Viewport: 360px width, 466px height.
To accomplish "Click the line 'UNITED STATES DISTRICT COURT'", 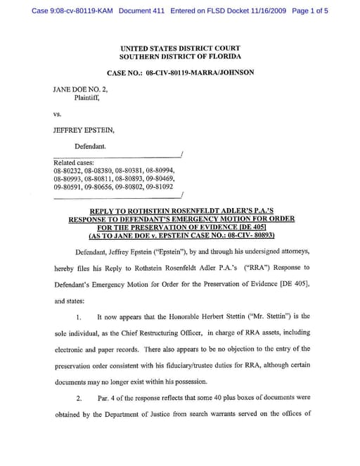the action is pos(180,48).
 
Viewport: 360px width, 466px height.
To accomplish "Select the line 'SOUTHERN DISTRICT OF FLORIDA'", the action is pos(180,56).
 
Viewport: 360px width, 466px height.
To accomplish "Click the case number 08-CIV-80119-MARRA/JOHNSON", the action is pos(200,72).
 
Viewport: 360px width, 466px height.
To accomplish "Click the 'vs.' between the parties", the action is pos(58,113).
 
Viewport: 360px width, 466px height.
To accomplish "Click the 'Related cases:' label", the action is pos(72,163).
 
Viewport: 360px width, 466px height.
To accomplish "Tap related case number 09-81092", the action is pos(165,187).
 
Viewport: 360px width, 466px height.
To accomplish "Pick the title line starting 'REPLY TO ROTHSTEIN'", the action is pos(181,211).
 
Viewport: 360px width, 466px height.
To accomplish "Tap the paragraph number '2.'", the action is pos(79,398).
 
